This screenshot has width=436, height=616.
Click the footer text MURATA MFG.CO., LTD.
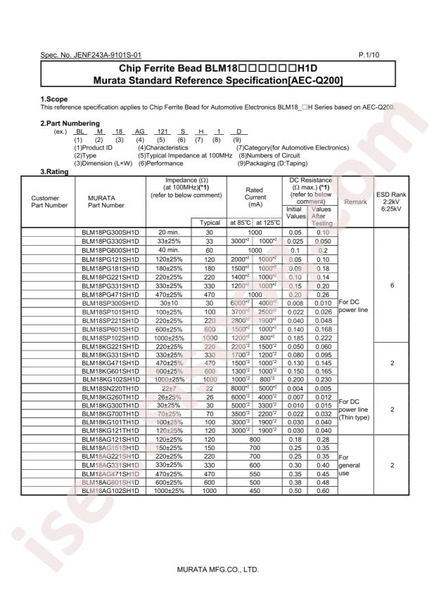218,568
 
